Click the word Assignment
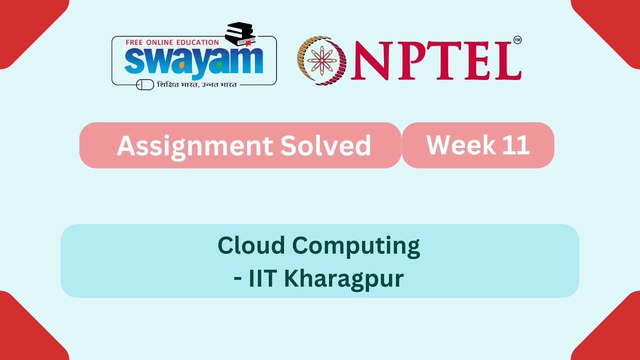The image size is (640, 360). (194, 145)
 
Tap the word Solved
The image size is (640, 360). (325, 145)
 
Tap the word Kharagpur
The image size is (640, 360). (344, 279)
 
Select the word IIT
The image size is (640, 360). (263, 278)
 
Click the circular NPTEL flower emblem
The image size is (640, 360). (321, 60)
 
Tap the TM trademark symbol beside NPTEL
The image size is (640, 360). (517, 40)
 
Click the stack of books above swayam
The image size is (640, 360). (240, 33)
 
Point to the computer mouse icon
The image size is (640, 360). (145, 85)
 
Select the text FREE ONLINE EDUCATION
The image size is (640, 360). (172, 42)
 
